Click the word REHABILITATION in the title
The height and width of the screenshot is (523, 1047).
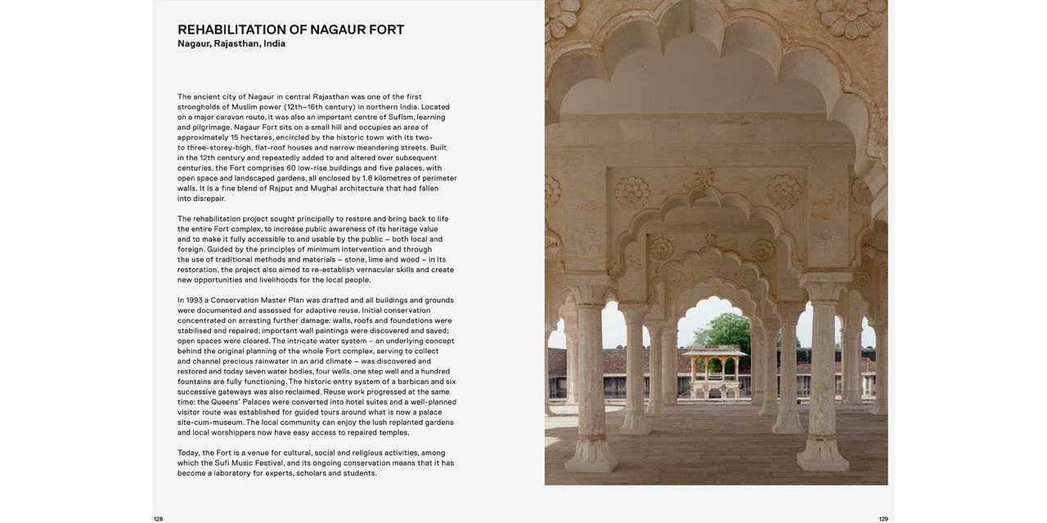(x=231, y=30)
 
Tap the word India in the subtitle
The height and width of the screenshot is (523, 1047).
(x=274, y=44)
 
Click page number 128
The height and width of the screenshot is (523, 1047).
(x=158, y=519)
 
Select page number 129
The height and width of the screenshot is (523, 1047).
(x=883, y=519)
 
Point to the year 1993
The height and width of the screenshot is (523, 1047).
(x=194, y=301)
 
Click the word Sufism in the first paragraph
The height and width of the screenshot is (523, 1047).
(x=400, y=117)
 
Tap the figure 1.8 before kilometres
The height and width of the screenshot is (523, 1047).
(x=367, y=178)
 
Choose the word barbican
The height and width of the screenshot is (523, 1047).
(x=413, y=382)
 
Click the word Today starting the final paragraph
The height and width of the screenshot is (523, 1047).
(x=188, y=453)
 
